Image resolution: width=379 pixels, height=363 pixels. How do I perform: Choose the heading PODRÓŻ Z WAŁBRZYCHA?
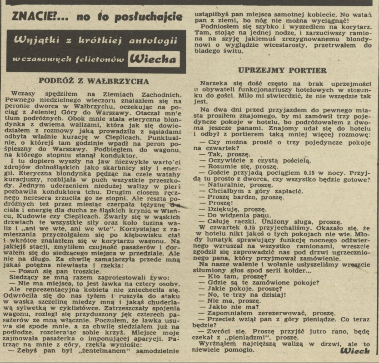pos(94,81)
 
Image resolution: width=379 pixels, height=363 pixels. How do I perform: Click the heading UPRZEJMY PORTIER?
pos(282,70)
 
